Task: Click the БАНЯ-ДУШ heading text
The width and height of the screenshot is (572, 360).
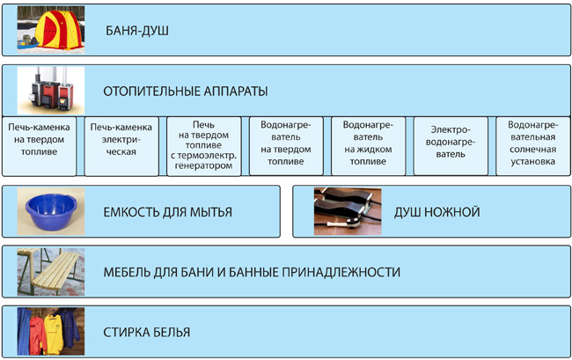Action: [137, 31]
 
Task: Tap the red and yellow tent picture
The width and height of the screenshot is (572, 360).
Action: [51, 30]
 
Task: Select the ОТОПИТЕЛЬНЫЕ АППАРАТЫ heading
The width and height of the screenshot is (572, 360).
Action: [186, 92]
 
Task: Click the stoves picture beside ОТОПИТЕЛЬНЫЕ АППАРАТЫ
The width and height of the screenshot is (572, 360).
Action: [51, 91]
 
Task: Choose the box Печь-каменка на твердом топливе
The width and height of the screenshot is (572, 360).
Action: [39, 146]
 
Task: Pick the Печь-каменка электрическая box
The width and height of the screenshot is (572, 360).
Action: [121, 146]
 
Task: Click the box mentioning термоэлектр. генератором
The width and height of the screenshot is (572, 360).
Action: [204, 146]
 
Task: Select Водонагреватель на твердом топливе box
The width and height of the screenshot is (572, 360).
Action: [286, 146]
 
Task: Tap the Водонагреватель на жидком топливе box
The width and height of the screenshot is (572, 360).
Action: [369, 146]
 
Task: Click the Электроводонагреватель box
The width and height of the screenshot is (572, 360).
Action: [451, 146]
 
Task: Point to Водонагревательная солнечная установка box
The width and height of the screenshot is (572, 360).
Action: [533, 146]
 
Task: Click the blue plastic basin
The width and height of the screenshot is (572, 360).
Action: [51, 211]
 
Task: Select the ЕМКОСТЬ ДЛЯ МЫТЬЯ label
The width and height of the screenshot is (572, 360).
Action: [168, 212]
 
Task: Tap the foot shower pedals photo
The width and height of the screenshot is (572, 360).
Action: [348, 211]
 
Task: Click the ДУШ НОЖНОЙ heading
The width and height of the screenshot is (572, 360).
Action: [437, 212]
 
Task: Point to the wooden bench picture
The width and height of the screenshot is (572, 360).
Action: [51, 272]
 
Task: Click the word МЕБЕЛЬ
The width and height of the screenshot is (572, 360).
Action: [126, 273]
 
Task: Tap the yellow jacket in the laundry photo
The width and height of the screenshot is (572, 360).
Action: [54, 334]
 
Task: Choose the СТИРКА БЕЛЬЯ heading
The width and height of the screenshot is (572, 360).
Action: [147, 333]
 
